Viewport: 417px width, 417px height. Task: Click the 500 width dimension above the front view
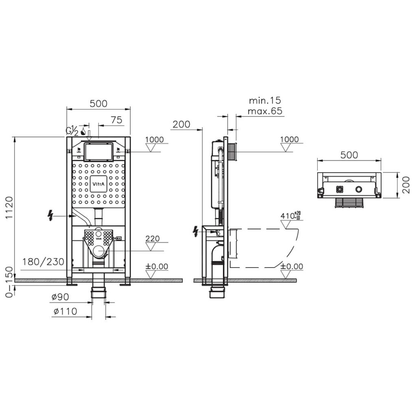pyautogui.click(x=99, y=103)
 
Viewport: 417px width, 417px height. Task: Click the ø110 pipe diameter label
pyautogui.click(x=65, y=312)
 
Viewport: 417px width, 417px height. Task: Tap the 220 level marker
pyautogui.click(x=153, y=238)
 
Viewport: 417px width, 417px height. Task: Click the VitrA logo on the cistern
pyautogui.click(x=99, y=184)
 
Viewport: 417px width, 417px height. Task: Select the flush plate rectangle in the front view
pyautogui.click(x=99, y=151)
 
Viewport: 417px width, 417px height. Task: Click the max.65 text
pyautogui.click(x=265, y=111)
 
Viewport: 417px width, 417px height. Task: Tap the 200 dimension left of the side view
pyautogui.click(x=181, y=124)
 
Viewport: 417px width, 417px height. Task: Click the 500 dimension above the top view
pyautogui.click(x=349, y=155)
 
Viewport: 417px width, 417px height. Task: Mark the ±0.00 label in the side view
pyautogui.click(x=292, y=266)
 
